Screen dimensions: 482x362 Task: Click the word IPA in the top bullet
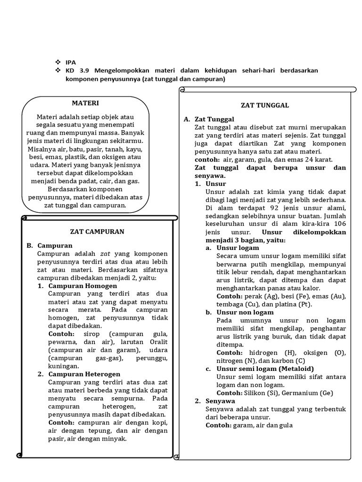pos(71,62)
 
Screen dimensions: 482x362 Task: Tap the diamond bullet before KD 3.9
pos(58,70)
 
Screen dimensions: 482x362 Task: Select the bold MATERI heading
pos(85,103)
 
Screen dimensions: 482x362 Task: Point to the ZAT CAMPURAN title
pos(97,232)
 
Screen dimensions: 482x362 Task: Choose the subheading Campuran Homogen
pos(83,286)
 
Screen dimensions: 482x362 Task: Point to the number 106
pos(338,224)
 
